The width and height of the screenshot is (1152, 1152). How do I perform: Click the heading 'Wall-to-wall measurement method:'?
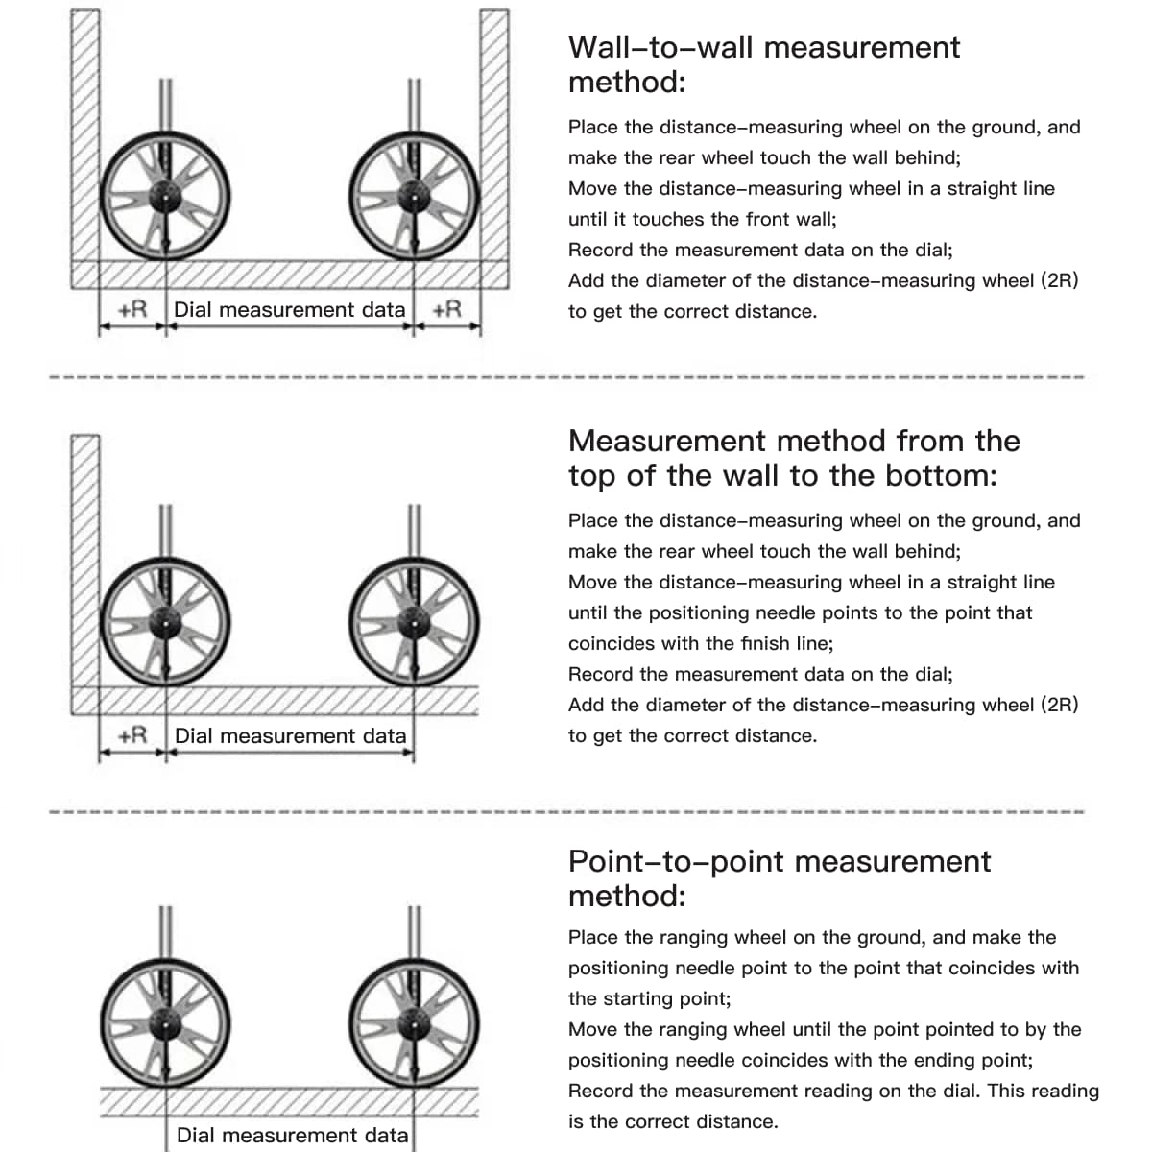click(763, 63)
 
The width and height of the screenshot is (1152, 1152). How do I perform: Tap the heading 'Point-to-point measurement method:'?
click(779, 877)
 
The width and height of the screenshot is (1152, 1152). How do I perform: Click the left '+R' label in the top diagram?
click(132, 309)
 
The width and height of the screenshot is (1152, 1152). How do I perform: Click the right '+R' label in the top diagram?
click(446, 309)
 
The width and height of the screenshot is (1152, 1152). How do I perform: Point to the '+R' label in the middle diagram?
click(132, 735)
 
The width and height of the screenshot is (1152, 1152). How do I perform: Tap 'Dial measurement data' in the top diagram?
click(289, 309)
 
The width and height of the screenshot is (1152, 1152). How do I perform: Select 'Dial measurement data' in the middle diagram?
click(290, 735)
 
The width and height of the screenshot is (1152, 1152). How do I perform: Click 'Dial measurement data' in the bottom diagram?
click(292, 1135)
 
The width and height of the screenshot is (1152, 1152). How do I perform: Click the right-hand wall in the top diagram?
click(493, 144)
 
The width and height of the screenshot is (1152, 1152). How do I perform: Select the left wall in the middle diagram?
click(85, 566)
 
